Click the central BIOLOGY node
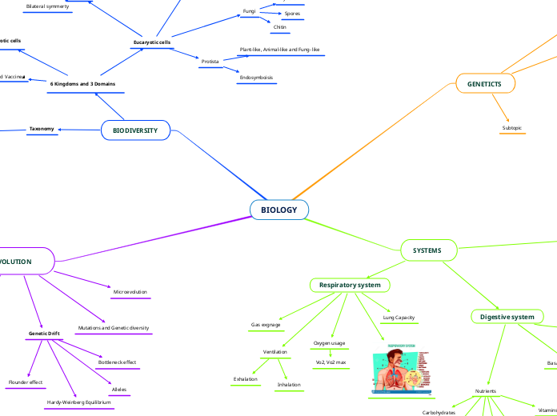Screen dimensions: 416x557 tap(279, 210)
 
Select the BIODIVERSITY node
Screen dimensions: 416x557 tap(135, 130)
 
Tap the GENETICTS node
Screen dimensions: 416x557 tap(485, 83)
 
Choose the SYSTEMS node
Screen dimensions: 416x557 tap(427, 250)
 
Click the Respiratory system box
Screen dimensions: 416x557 tap(350, 285)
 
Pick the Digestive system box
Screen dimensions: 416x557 tap(507, 317)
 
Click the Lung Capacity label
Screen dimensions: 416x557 tap(399, 318)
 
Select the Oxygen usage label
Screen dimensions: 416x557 tap(329, 343)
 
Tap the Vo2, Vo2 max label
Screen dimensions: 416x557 tap(331, 362)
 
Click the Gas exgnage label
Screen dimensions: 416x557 tap(266, 325)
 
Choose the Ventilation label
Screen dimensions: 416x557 tap(275, 352)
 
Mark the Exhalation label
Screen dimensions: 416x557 tap(246, 378)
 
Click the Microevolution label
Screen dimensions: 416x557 tap(130, 292)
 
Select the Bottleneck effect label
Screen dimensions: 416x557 tap(118, 362)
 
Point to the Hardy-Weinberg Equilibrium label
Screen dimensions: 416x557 tap(78, 402)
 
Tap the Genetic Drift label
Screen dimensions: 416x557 tap(44, 332)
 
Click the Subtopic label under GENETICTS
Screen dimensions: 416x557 tap(513, 128)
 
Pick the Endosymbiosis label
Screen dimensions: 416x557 tap(256, 78)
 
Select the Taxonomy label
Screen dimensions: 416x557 tap(42, 129)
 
